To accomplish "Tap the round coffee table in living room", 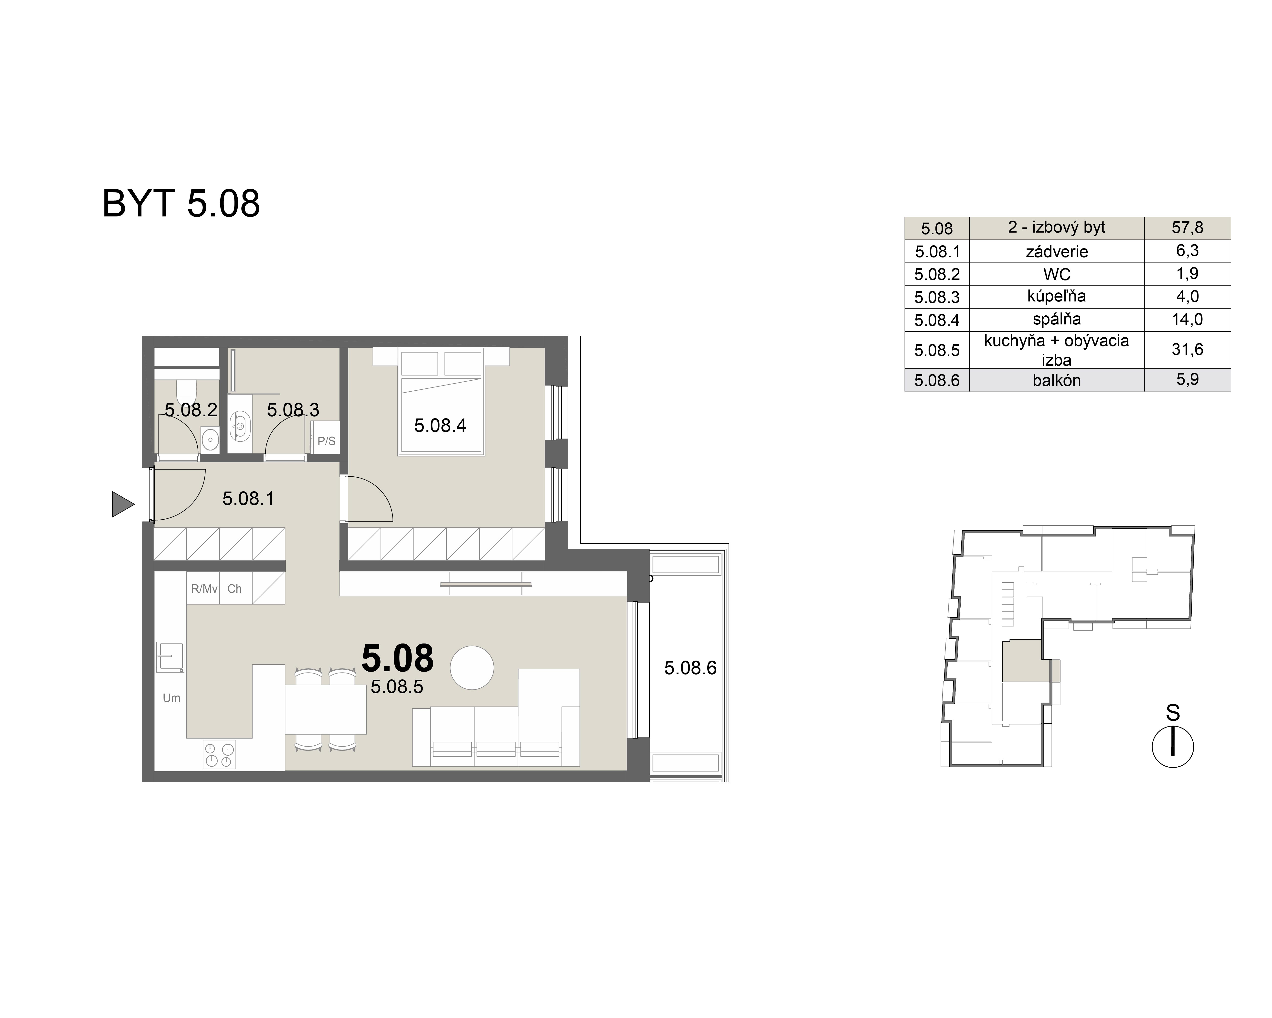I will [x=471, y=667].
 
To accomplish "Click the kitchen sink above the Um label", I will [x=170, y=657].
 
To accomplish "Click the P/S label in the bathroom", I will [x=326, y=441].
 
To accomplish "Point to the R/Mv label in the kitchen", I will [x=203, y=588].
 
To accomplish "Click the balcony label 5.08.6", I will [x=690, y=667].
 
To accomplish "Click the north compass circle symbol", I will [x=1172, y=747].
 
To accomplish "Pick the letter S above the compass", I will [x=1172, y=713].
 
